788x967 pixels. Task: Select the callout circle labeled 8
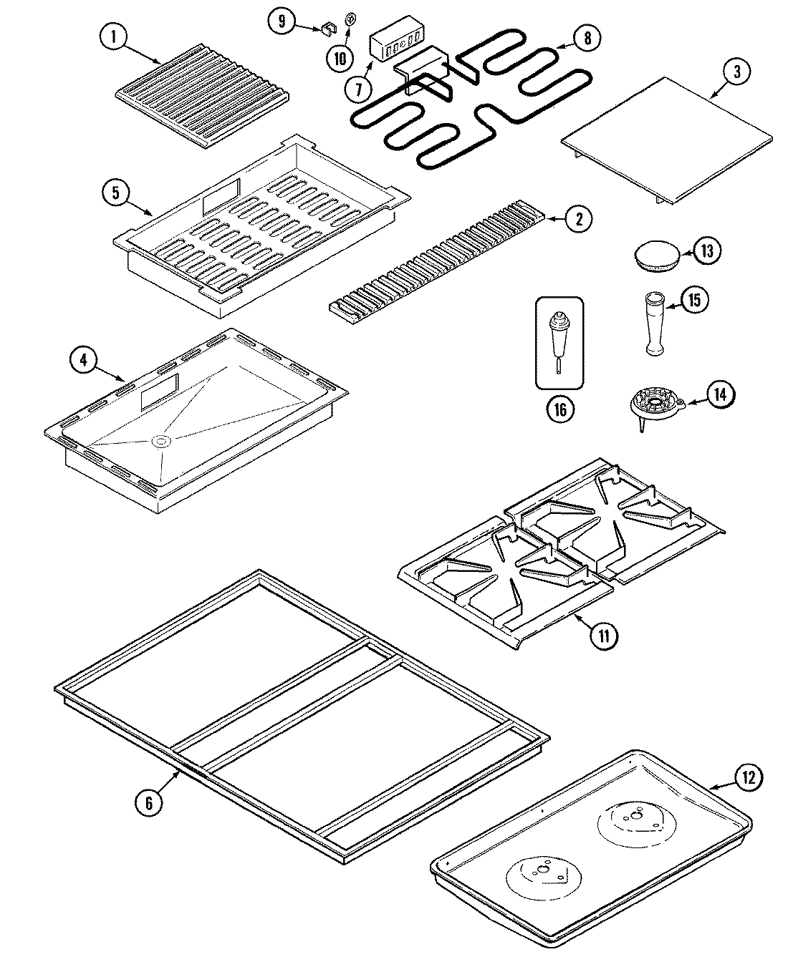[587, 38]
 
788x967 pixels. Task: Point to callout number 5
[116, 192]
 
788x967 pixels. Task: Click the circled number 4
[84, 360]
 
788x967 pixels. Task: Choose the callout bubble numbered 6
[148, 803]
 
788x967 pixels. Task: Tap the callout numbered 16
[559, 409]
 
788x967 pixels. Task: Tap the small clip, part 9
[328, 29]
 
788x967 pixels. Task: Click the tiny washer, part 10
[350, 21]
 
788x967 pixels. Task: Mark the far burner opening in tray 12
[634, 815]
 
